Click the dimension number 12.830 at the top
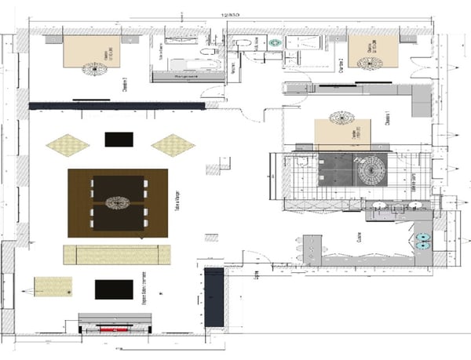click(x=230, y=13)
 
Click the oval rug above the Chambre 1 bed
click(x=341, y=118)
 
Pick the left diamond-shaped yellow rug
click(x=68, y=144)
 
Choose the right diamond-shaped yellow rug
click(x=173, y=144)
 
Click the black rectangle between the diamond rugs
click(x=119, y=139)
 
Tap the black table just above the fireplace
click(x=114, y=289)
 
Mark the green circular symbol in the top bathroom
click(x=275, y=43)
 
